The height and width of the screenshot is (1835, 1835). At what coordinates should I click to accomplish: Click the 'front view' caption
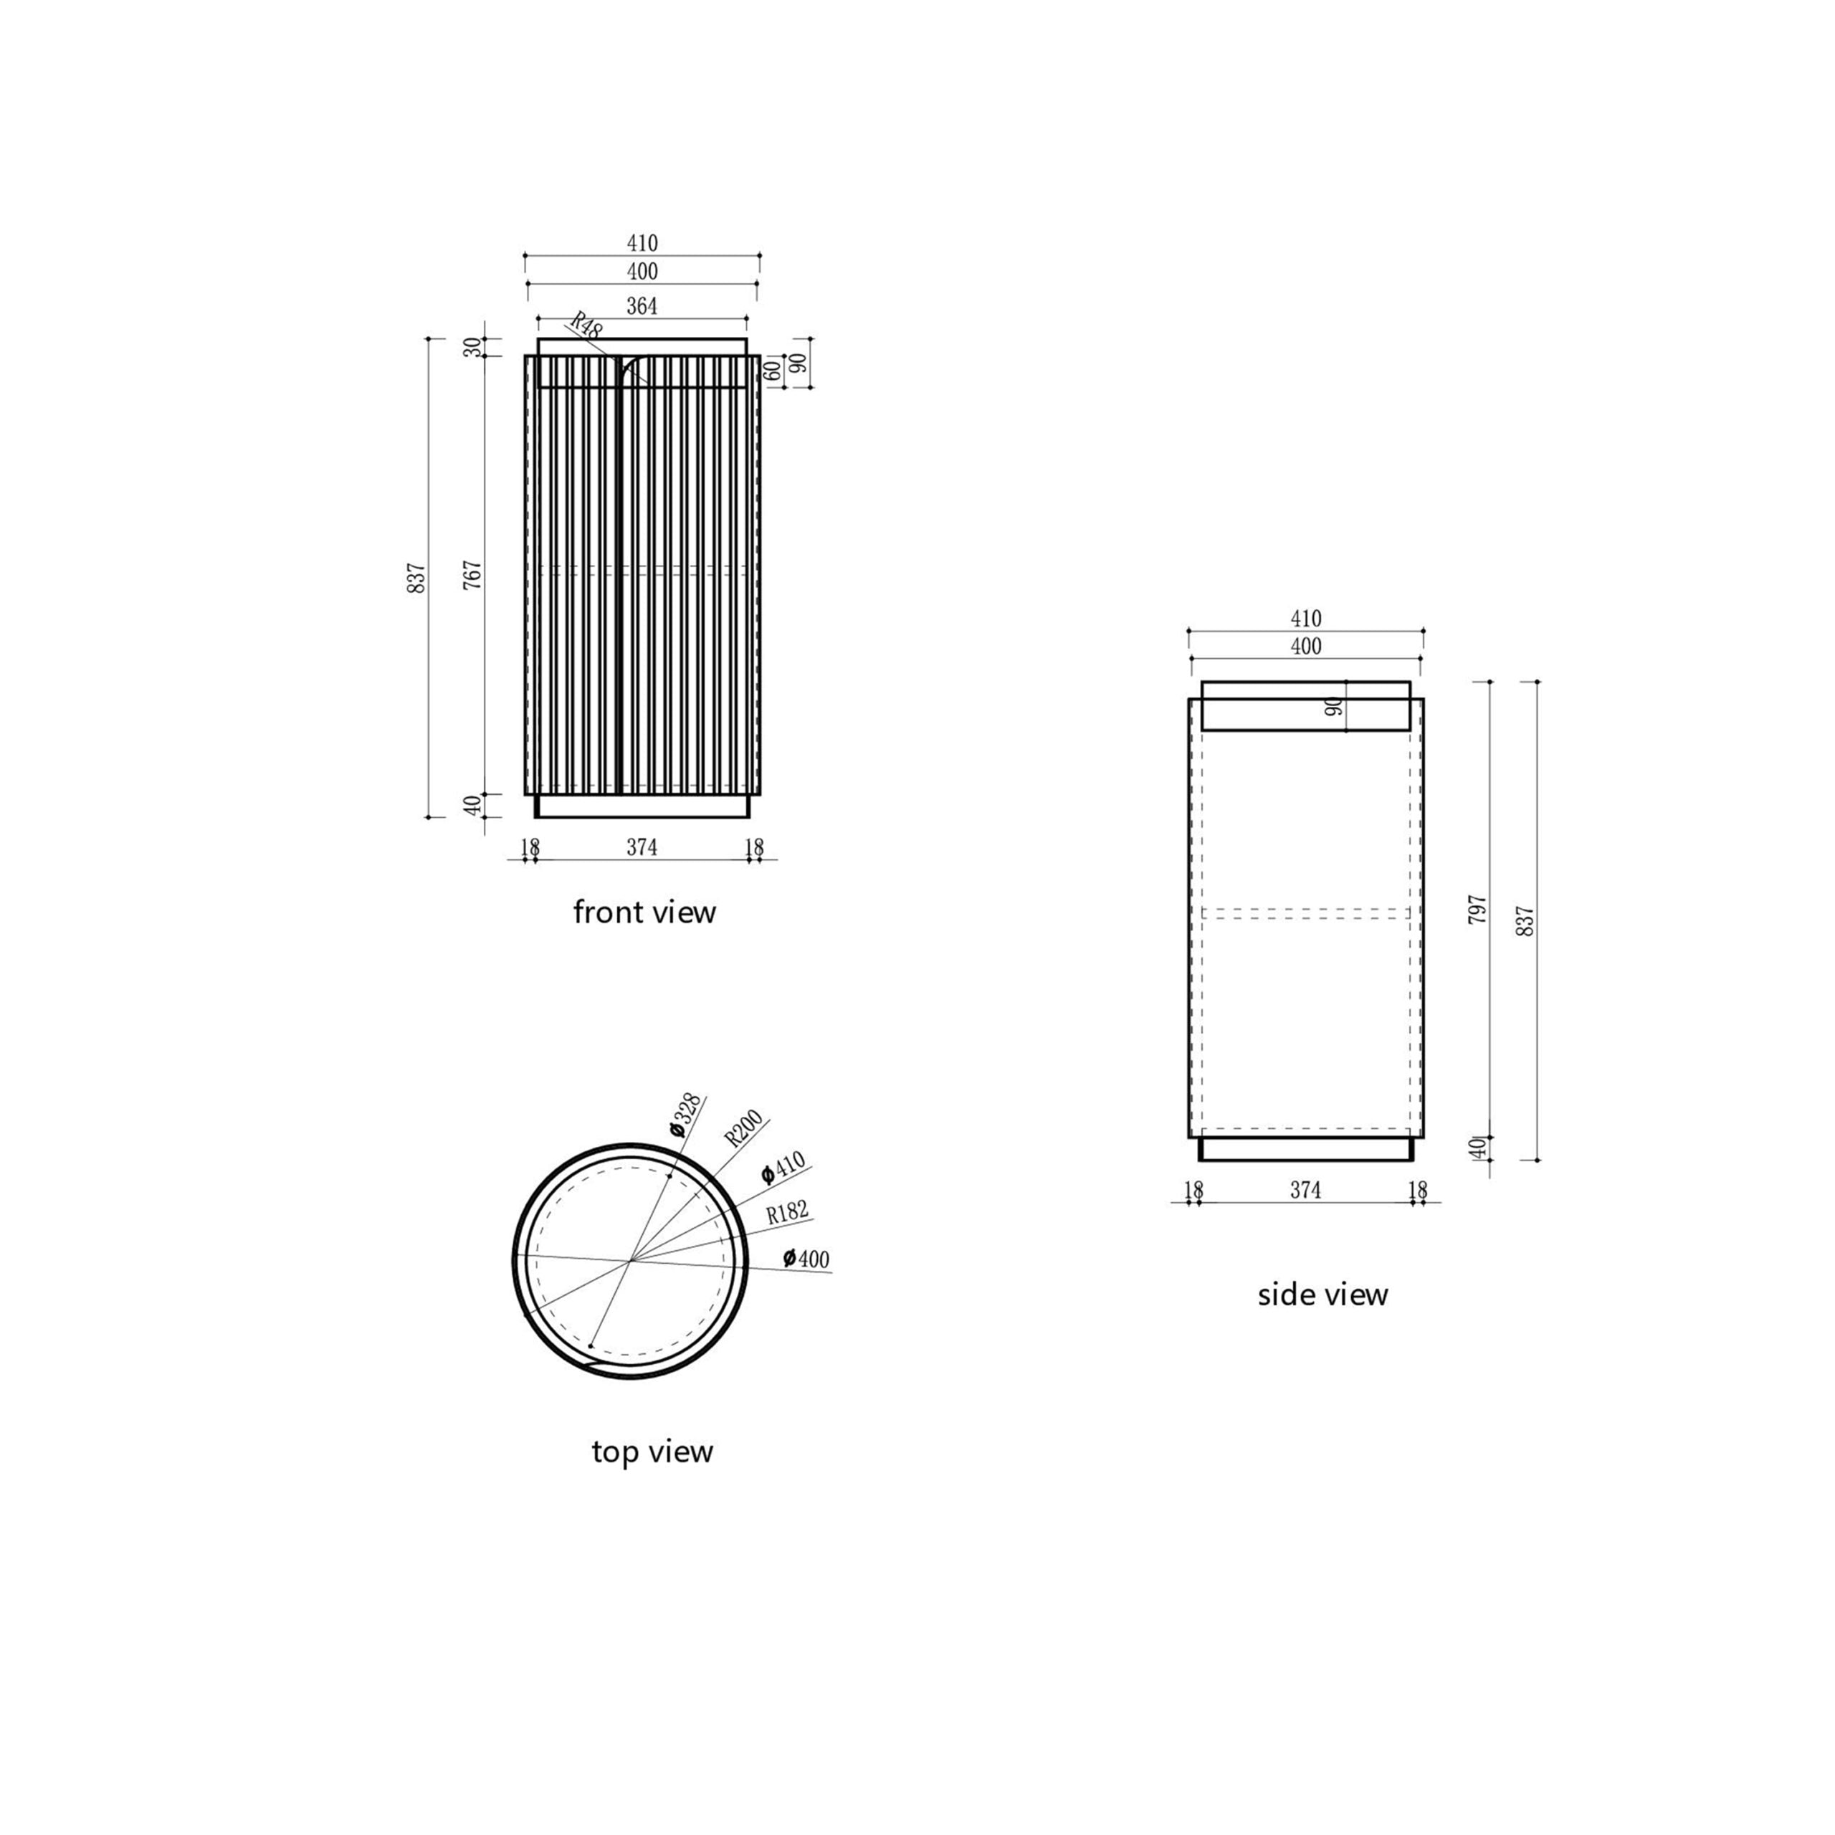pyautogui.click(x=644, y=912)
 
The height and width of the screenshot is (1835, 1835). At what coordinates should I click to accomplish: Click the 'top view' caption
pyautogui.click(x=652, y=1452)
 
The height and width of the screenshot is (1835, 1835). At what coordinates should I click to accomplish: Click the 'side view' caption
pyautogui.click(x=1323, y=1295)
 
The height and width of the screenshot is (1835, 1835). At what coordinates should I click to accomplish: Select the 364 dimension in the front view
pyautogui.click(x=642, y=306)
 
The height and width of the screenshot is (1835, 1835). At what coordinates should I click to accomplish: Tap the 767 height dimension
pyautogui.click(x=473, y=575)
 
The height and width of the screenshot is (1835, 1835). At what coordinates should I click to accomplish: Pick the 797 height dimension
pyautogui.click(x=1478, y=910)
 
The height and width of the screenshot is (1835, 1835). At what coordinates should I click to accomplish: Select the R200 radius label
pyautogui.click(x=743, y=1128)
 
